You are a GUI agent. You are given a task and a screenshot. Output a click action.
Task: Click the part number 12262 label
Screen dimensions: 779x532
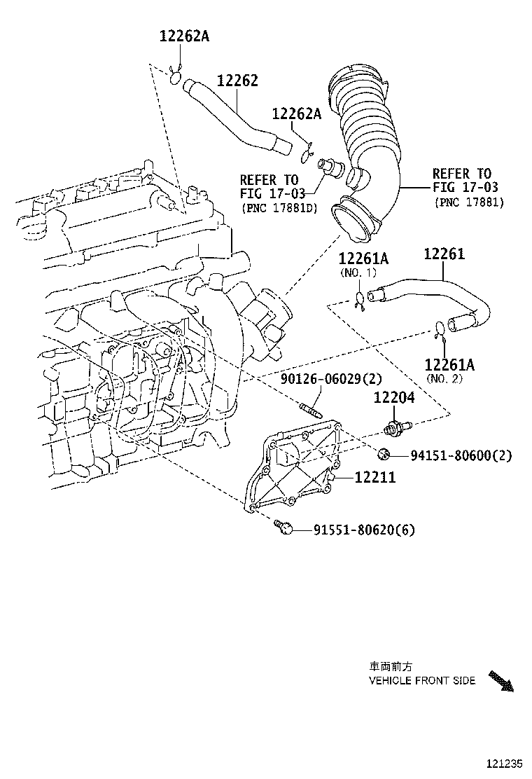[237, 81]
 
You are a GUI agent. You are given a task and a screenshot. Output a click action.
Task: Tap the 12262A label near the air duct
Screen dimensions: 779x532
[296, 114]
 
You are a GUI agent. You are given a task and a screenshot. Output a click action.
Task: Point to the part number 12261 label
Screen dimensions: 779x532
[444, 254]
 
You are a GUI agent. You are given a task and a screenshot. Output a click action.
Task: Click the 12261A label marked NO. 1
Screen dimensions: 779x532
[358, 260]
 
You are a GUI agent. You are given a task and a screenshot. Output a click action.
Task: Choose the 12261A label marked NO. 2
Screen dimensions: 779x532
[449, 364]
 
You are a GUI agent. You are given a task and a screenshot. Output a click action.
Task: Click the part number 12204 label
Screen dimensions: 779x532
[393, 398]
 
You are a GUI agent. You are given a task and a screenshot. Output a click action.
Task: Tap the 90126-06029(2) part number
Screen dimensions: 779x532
[331, 379]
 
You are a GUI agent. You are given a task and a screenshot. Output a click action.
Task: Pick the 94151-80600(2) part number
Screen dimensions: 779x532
[461, 455]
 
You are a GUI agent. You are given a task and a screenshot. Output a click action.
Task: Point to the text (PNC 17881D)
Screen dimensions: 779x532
[278, 208]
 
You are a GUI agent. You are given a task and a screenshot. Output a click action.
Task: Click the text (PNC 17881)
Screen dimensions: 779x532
[468, 202]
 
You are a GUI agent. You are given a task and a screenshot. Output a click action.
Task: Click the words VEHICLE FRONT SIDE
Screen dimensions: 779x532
[422, 680]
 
